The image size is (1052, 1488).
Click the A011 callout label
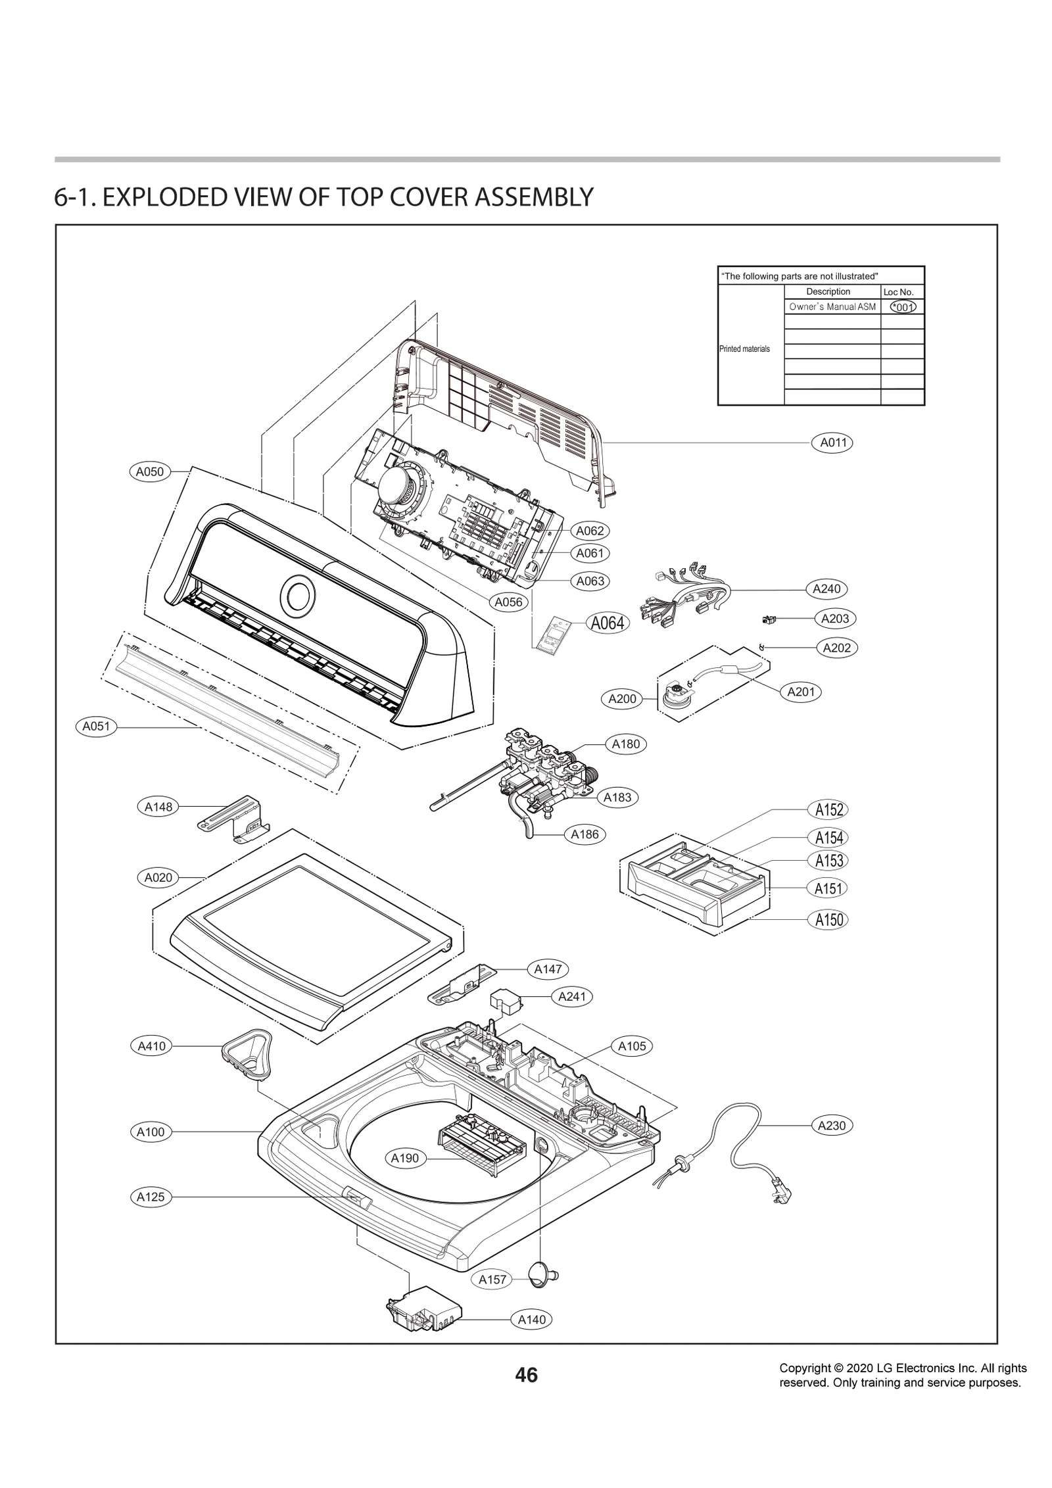point(832,443)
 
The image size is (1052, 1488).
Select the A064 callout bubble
point(607,623)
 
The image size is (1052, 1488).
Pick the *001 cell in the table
point(902,306)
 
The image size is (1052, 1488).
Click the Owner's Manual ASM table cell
point(832,306)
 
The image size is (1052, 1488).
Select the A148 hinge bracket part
point(236,818)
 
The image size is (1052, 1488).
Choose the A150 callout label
point(828,919)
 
